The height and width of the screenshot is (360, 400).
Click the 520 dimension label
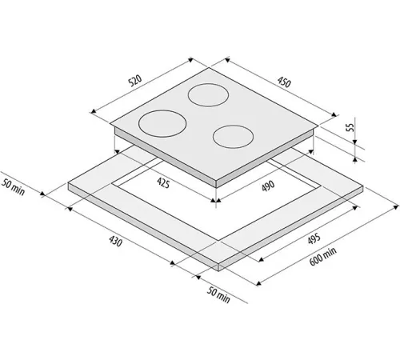point(134,81)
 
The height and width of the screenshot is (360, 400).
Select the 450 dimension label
point(284,82)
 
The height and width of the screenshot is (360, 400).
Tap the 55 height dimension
point(350,127)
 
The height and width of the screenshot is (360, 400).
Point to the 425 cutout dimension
point(163,183)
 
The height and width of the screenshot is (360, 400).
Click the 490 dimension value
point(268,186)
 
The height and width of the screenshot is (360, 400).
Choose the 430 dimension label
point(115,241)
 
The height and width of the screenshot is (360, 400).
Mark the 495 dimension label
point(314,238)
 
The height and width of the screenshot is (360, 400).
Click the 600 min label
point(322,256)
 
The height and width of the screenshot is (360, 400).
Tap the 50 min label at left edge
point(13,187)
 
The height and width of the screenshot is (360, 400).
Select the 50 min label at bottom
point(218,295)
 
